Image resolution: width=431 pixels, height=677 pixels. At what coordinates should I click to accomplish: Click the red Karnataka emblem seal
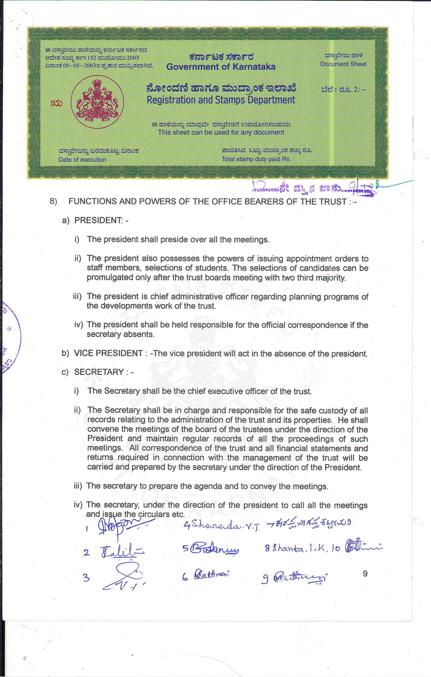(x=97, y=102)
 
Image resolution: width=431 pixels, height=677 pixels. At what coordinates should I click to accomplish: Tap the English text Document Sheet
(x=343, y=64)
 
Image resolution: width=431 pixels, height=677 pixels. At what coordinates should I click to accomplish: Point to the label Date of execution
(x=82, y=160)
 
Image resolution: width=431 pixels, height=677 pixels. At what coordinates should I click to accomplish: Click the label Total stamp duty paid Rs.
(x=256, y=159)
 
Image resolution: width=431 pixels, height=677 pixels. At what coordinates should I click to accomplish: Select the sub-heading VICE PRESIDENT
(x=108, y=353)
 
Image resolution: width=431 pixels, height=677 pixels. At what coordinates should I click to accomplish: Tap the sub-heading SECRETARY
(x=99, y=372)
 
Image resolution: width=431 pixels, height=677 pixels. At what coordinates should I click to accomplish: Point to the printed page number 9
(x=365, y=574)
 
